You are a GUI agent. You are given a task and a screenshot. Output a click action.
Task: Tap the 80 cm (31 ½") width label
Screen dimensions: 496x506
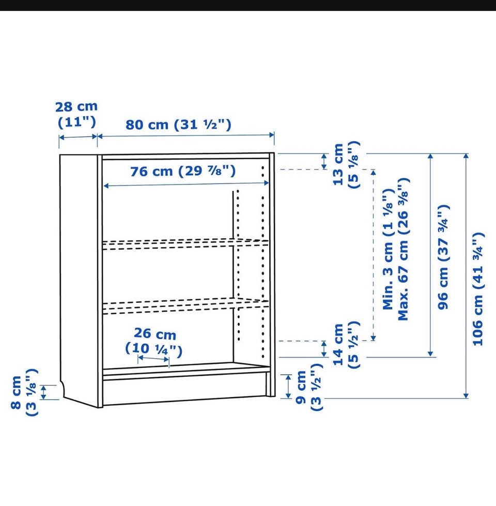click(178, 125)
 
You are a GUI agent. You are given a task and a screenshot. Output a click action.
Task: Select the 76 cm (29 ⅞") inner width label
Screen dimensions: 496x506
click(183, 171)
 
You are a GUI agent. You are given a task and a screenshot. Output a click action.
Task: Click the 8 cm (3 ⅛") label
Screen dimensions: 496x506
click(24, 392)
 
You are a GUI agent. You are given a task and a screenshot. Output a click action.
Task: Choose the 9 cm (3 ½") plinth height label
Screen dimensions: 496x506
click(309, 387)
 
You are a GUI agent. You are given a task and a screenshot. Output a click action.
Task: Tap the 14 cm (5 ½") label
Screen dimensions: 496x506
click(346, 345)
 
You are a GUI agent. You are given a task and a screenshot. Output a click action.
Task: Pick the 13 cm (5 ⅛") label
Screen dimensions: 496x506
click(346, 165)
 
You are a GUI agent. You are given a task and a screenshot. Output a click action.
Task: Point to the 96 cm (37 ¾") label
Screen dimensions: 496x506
click(443, 257)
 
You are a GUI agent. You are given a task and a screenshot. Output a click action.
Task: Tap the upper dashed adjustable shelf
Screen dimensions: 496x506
click(185, 244)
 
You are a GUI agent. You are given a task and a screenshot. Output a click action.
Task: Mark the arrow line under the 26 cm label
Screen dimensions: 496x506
click(153, 359)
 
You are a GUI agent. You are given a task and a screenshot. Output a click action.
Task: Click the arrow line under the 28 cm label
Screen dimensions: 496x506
click(79, 137)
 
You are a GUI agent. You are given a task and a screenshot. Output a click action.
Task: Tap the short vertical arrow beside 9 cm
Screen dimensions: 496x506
click(288, 386)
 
